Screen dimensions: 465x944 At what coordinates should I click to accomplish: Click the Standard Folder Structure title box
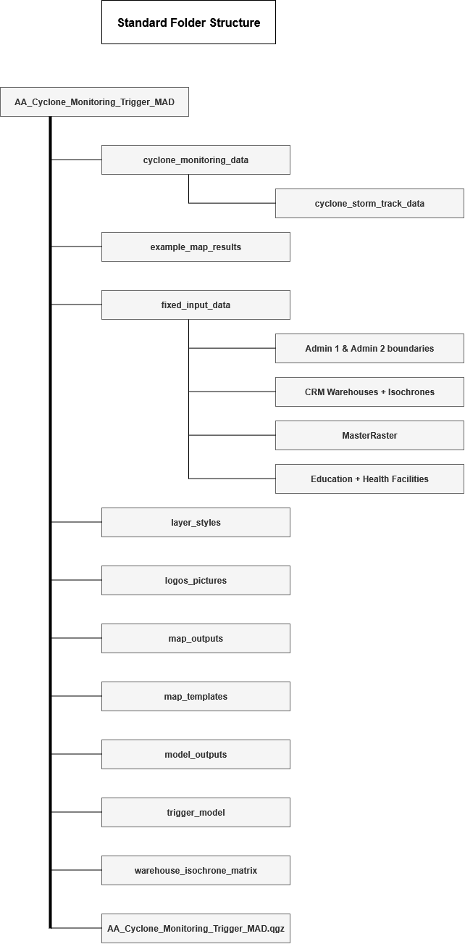pyautogui.click(x=188, y=22)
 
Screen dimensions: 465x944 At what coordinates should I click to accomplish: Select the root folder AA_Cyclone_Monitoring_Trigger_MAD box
pyautogui.click(x=94, y=102)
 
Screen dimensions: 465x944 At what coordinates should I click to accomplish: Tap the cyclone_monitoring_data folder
pyautogui.click(x=196, y=160)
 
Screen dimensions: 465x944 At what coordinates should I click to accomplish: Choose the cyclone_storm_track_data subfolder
pyautogui.click(x=369, y=204)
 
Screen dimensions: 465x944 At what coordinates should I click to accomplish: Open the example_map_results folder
pyautogui.click(x=196, y=247)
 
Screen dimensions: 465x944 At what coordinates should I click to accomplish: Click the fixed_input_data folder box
pyautogui.click(x=196, y=305)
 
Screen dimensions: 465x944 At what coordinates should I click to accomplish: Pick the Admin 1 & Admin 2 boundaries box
pyautogui.click(x=369, y=349)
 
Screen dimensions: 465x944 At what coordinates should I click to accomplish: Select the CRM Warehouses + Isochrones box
pyautogui.click(x=369, y=392)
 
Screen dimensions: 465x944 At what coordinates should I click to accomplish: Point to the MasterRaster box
pyautogui.click(x=369, y=435)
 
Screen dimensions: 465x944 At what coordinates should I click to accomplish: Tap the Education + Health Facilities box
pyautogui.click(x=369, y=479)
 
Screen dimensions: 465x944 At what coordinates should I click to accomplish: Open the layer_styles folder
pyautogui.click(x=196, y=523)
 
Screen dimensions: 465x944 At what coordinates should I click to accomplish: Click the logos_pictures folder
pyautogui.click(x=196, y=580)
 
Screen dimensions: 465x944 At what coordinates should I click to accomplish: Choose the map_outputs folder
pyautogui.click(x=196, y=639)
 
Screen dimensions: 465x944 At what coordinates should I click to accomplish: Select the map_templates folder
pyautogui.click(x=196, y=697)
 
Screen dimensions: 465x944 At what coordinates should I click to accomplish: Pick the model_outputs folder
pyautogui.click(x=196, y=754)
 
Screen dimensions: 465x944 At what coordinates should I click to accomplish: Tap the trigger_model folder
pyautogui.click(x=196, y=813)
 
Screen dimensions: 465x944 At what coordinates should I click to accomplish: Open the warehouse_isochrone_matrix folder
pyautogui.click(x=196, y=870)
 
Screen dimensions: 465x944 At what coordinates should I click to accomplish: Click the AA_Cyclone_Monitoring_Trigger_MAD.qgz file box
pyautogui.click(x=196, y=928)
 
